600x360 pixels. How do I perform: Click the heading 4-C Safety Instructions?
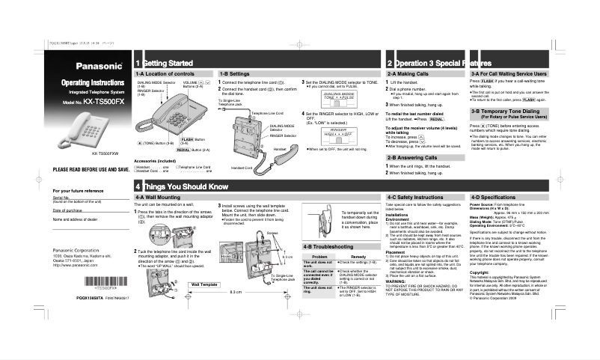pos(417,196)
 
